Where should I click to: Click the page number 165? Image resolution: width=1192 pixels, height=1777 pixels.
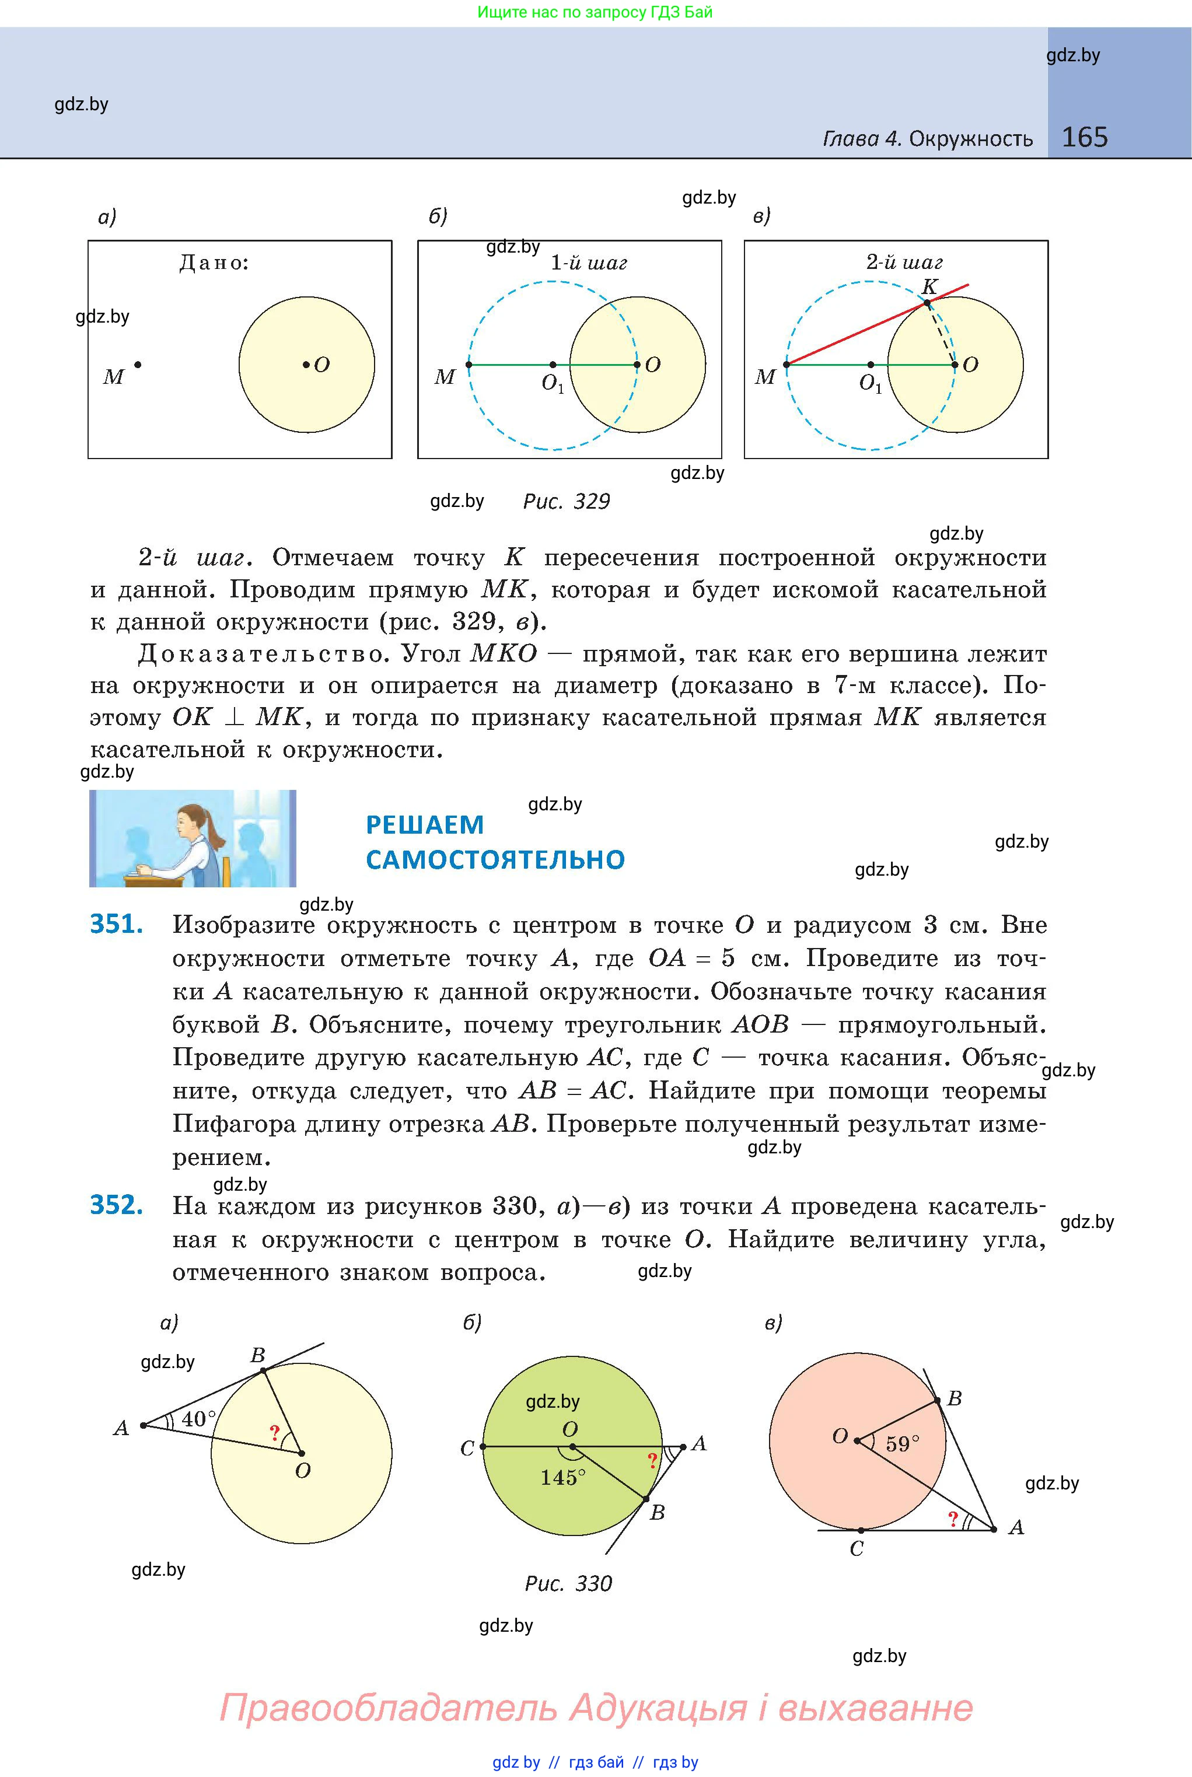[1084, 138]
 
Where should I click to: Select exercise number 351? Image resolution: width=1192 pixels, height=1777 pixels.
[116, 924]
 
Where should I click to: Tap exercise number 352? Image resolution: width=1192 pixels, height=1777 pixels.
[116, 1205]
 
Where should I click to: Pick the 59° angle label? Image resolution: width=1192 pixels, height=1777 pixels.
[903, 1443]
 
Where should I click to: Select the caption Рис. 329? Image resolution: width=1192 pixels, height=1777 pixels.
[567, 502]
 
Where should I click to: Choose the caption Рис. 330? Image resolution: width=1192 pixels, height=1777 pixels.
[568, 1584]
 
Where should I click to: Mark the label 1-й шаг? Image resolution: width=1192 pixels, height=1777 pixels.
[589, 263]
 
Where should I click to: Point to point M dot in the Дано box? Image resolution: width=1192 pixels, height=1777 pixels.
[138, 365]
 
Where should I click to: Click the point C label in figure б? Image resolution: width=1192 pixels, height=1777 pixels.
[467, 1449]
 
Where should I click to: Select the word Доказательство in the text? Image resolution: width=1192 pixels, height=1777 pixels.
[261, 653]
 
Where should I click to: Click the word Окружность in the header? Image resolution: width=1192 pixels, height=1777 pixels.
[971, 139]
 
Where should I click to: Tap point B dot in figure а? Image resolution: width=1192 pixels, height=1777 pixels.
[263, 1370]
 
